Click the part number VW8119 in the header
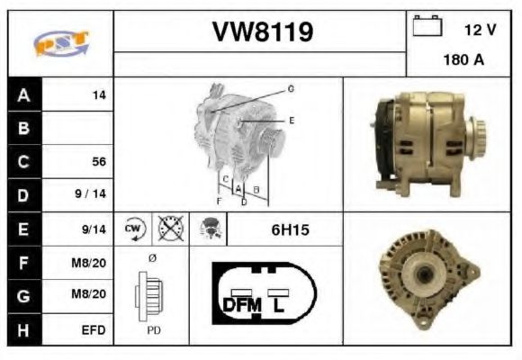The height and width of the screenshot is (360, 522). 262,32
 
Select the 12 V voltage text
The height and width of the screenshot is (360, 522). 480,30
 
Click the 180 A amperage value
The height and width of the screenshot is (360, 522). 463,62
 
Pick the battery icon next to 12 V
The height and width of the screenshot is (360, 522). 425,27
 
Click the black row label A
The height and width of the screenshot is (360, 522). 23,94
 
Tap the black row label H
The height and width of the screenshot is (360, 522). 23,330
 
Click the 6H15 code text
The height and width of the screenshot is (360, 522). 290,229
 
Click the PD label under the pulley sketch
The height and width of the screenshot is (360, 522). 154,330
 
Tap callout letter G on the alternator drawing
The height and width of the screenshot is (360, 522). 291,88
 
